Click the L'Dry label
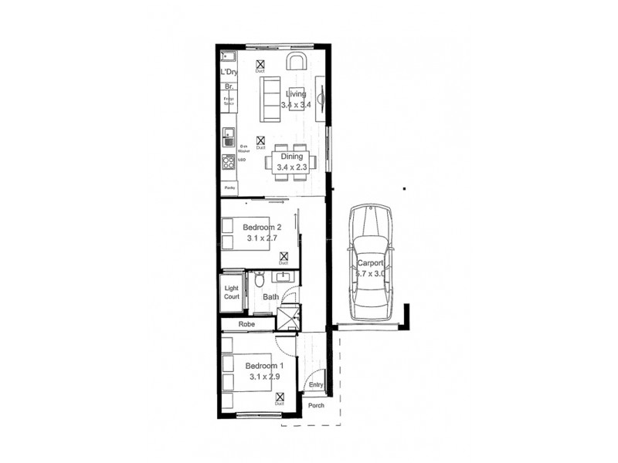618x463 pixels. [x=229, y=73]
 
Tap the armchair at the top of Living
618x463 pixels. [x=297, y=62]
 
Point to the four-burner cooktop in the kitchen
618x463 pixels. [x=229, y=161]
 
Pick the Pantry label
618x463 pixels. [x=229, y=188]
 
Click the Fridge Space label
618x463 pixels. [x=229, y=100]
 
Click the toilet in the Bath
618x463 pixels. [x=260, y=281]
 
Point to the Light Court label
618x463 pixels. [x=233, y=292]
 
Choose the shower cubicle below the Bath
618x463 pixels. [x=287, y=317]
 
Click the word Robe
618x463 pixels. [x=247, y=325]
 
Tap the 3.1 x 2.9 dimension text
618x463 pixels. [x=265, y=377]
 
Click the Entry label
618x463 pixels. [x=315, y=384]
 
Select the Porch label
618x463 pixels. [x=316, y=406]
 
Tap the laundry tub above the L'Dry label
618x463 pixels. [x=229, y=57]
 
